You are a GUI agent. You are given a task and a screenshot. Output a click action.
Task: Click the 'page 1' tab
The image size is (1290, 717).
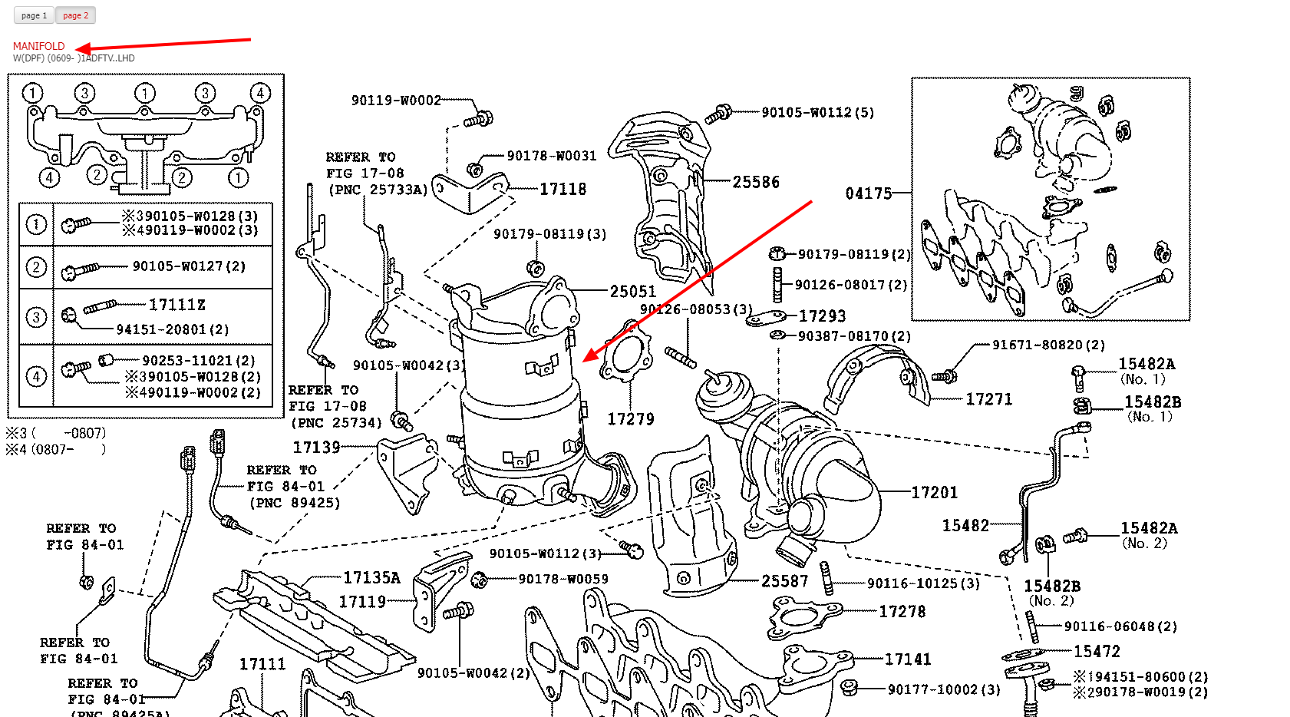click(x=34, y=15)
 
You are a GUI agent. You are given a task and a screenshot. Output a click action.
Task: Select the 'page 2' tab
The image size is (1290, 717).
click(x=75, y=15)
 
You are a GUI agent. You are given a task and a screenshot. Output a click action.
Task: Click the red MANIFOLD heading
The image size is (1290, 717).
click(x=38, y=46)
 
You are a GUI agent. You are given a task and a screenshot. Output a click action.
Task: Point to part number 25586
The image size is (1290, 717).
click(x=755, y=182)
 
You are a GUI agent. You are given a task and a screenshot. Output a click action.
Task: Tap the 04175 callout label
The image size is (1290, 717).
click(x=868, y=193)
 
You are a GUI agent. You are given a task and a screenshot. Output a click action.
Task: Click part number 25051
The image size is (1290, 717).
click(x=632, y=292)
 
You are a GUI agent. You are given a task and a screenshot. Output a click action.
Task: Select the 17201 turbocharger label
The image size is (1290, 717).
click(x=934, y=493)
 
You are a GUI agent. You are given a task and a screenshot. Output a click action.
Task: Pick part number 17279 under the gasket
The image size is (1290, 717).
click(x=630, y=419)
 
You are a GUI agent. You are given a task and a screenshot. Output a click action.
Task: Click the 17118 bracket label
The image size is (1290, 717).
click(x=563, y=189)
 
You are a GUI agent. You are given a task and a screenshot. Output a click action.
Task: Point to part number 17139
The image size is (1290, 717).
click(x=316, y=448)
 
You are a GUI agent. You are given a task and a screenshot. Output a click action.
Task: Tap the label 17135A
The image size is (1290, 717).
click(x=371, y=578)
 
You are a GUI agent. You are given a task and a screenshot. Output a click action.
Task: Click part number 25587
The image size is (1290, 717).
click(x=784, y=581)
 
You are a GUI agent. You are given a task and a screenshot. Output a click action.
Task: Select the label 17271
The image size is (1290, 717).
click(x=988, y=399)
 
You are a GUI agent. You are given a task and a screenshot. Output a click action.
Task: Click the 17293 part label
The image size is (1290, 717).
click(x=822, y=316)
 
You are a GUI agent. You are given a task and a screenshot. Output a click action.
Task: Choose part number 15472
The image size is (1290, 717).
click(x=1097, y=652)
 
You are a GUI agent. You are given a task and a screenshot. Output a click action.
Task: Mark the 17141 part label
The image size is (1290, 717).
click(x=908, y=659)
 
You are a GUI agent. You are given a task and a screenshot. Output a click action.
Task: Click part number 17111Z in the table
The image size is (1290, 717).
click(x=177, y=305)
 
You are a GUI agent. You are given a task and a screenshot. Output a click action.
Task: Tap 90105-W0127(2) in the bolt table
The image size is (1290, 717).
click(x=189, y=266)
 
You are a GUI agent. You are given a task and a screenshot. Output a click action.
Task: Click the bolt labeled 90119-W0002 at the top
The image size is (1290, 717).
click(x=396, y=101)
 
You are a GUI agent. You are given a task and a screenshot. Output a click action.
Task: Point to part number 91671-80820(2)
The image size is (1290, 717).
click(x=1048, y=345)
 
